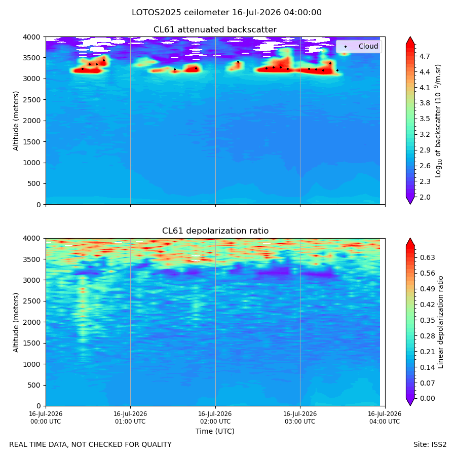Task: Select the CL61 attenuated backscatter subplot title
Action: (215, 30)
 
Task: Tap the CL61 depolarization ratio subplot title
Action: (215, 231)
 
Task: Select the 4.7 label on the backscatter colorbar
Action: (425, 56)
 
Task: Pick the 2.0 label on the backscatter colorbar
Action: (425, 197)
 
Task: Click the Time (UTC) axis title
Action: (215, 431)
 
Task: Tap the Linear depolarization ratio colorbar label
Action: (441, 322)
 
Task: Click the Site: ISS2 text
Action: (430, 445)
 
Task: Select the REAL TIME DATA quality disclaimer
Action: (91, 445)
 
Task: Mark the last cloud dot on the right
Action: (337, 70)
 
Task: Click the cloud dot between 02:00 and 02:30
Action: (238, 62)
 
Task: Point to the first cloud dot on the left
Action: (83, 69)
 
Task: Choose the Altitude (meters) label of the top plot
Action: (16, 121)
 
